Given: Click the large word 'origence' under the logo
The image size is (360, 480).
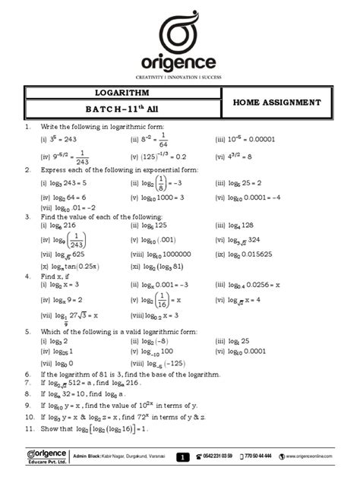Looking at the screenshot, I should coord(179,62).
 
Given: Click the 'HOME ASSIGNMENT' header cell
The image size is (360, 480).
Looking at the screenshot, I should coord(276,102).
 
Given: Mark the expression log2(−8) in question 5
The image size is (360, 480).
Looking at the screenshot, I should coord(149,341).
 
